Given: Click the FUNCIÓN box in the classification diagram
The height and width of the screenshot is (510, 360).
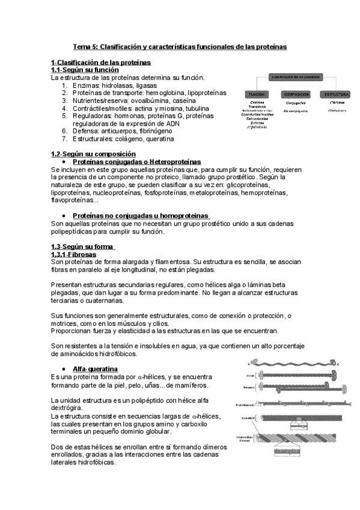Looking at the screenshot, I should pos(257,94).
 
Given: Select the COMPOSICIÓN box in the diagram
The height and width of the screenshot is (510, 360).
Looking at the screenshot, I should pos(296,94).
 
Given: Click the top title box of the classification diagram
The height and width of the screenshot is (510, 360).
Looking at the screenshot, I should pos(296,77).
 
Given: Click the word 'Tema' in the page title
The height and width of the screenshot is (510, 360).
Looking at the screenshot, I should pos(82,46).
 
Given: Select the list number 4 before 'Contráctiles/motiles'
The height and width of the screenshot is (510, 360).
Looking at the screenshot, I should pos(64,108).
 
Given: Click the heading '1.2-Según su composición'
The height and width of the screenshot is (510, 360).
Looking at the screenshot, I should pos(93,154).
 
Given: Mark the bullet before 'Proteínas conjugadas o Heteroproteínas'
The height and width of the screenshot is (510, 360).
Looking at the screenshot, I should pos(64,162).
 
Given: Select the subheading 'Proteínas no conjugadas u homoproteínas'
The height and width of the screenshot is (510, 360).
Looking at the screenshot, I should pos(141,215).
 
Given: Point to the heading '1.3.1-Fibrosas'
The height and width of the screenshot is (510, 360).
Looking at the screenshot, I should pos(75,254).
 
